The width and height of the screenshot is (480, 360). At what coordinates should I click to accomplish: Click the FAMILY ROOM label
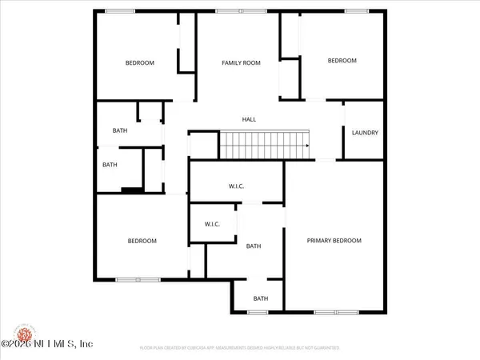[241, 62]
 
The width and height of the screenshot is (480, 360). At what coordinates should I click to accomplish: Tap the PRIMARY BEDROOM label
[334, 240]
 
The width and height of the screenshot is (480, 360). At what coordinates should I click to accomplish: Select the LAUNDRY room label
[365, 133]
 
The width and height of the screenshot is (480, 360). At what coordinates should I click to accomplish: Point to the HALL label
[249, 119]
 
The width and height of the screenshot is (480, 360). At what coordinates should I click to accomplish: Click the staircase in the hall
[265, 146]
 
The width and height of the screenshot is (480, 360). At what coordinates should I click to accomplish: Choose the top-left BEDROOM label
[139, 62]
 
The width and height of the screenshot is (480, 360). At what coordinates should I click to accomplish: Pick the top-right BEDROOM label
[342, 60]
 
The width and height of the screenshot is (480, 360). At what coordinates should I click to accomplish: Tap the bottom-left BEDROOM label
[142, 241]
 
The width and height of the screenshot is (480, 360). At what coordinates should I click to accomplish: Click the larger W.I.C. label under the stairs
[236, 187]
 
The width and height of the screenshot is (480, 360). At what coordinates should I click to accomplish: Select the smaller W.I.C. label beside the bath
[212, 224]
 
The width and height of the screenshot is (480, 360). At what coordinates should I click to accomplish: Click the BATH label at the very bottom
[261, 298]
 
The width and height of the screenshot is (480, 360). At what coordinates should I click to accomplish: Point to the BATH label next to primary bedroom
[254, 246]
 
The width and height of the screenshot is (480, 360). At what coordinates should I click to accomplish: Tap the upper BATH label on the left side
[120, 130]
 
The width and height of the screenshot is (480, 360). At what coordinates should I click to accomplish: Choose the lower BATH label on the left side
[110, 166]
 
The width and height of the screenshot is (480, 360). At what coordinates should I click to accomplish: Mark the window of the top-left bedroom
[120, 10]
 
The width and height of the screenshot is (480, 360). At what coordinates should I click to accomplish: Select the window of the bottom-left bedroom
[128, 279]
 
